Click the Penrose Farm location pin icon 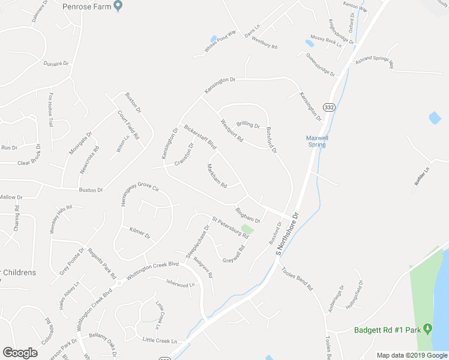click(x=118, y=6)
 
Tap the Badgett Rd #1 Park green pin click(x=427, y=329)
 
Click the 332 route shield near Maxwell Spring click(x=328, y=106)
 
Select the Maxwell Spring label click(x=316, y=140)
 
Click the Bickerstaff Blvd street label click(x=200, y=137)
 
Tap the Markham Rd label click(x=217, y=176)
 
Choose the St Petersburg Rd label click(x=229, y=226)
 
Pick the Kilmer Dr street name click(x=140, y=233)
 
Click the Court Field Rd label click(x=128, y=124)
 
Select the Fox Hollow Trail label click(x=51, y=109)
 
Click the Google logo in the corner click(x=20, y=353)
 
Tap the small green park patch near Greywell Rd click(x=247, y=229)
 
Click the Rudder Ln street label click(x=423, y=178)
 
